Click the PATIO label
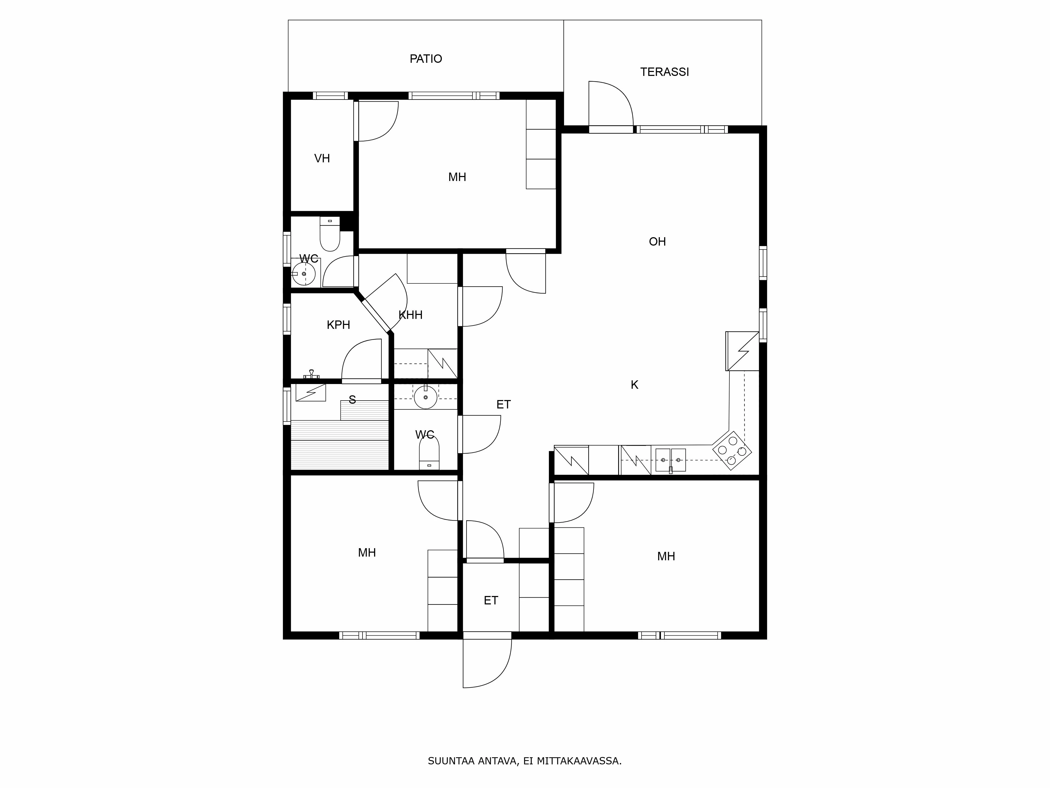click(426, 59)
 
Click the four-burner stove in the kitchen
click(732, 450)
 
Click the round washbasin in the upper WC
click(303, 274)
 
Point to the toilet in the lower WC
click(429, 453)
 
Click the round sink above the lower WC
click(425, 397)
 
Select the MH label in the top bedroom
click(457, 178)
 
